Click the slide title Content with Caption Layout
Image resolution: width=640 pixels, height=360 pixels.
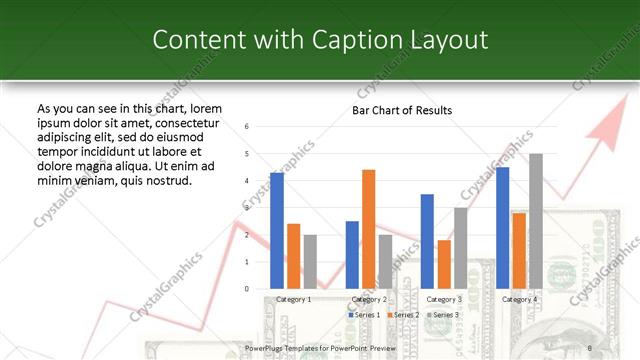pyautogui.click(x=320, y=40)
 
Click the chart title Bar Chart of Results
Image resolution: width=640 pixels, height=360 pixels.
pyautogui.click(x=402, y=110)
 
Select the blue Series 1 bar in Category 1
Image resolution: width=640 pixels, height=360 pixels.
pyautogui.click(x=277, y=230)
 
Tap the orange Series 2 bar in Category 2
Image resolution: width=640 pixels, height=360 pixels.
pyautogui.click(x=369, y=229)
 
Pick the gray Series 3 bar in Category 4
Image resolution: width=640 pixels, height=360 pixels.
pyautogui.click(x=536, y=221)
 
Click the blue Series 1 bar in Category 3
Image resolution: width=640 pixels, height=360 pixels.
pyautogui.click(x=427, y=241)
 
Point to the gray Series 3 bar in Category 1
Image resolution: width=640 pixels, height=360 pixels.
pyautogui.click(x=310, y=261)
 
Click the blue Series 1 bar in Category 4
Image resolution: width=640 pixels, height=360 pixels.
pyautogui.click(x=503, y=227)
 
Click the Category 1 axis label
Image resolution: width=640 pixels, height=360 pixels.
pyautogui.click(x=293, y=299)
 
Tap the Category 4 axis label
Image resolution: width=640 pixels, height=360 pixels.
pyautogui.click(x=519, y=299)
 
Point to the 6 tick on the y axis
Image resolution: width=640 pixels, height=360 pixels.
pyautogui.click(x=247, y=127)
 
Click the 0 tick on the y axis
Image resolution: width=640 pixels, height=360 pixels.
pyautogui.click(x=247, y=289)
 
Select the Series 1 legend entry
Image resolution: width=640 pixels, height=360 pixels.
pyautogui.click(x=364, y=314)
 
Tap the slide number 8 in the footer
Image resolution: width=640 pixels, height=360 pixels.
pyautogui.click(x=590, y=348)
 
